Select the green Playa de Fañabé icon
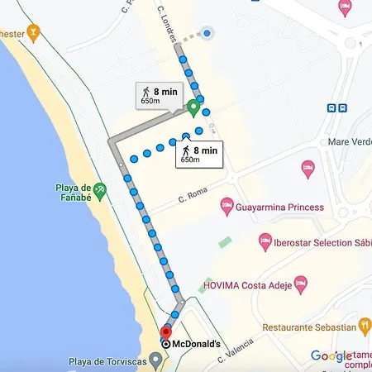99,189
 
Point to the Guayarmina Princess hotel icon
226,205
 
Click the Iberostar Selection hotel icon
265,242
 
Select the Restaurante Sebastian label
308,328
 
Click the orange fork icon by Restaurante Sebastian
363,328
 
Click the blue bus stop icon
337,108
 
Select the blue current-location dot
208,33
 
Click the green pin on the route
193,107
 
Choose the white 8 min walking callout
198,154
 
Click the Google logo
331,356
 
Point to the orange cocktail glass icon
33,33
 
